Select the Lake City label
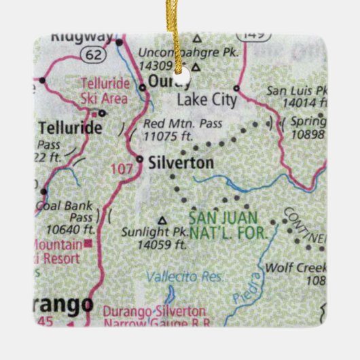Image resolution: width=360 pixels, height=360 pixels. coord(206,101)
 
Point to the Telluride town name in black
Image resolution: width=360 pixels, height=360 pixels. coord(71,128)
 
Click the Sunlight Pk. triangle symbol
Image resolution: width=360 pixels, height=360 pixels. coord(162,220)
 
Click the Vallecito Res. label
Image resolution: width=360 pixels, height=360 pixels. coord(175,277)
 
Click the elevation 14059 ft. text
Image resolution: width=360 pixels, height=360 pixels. coord(162,243)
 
